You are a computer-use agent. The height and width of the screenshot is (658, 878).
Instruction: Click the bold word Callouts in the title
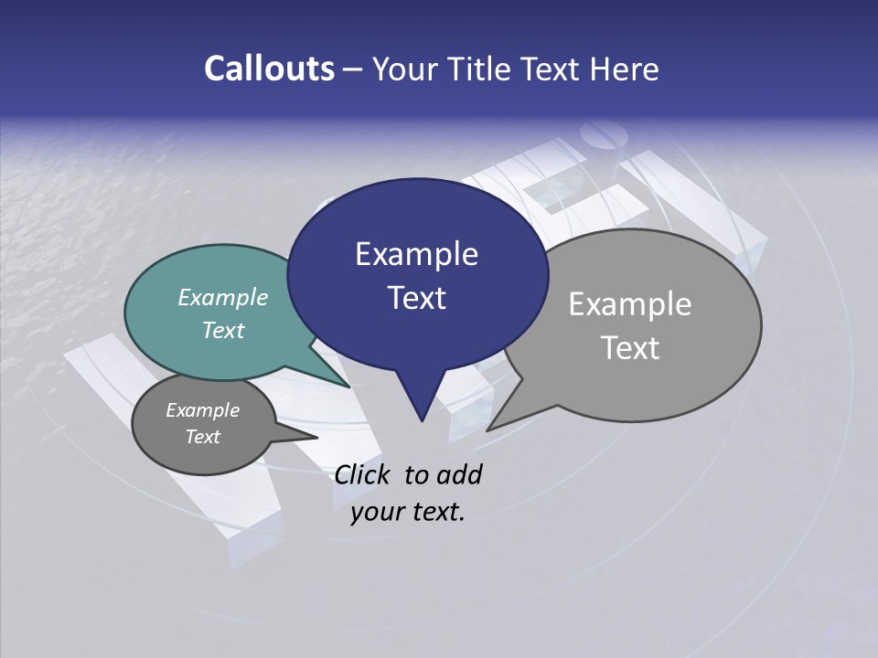pos(269,69)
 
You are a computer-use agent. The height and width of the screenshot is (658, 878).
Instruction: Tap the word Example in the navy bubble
pos(416,254)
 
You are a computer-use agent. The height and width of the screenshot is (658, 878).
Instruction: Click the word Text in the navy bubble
pos(416,298)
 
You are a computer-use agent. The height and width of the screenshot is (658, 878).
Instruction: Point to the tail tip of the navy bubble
pos(421,419)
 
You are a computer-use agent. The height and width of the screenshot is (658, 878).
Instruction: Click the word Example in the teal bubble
pos(223,297)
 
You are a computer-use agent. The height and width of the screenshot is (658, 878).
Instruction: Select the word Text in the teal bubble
pos(223,330)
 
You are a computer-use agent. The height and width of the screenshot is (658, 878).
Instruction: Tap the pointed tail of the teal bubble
pos(348,386)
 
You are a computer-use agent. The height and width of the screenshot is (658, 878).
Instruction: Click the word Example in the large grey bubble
pos(630,303)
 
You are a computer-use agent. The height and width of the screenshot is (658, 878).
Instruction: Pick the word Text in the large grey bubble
pos(630,347)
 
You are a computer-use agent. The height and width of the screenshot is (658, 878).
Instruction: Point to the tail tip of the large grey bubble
pos(489,429)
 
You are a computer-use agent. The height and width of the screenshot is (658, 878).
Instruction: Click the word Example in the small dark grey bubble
pos(202,410)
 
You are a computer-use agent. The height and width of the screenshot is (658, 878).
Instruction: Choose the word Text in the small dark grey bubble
pos(202,437)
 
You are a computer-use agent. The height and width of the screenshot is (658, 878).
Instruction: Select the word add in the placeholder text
pos(459,474)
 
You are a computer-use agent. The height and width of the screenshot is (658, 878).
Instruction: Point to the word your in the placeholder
pos(377,512)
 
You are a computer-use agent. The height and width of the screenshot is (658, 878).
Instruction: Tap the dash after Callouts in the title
pos(353,69)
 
